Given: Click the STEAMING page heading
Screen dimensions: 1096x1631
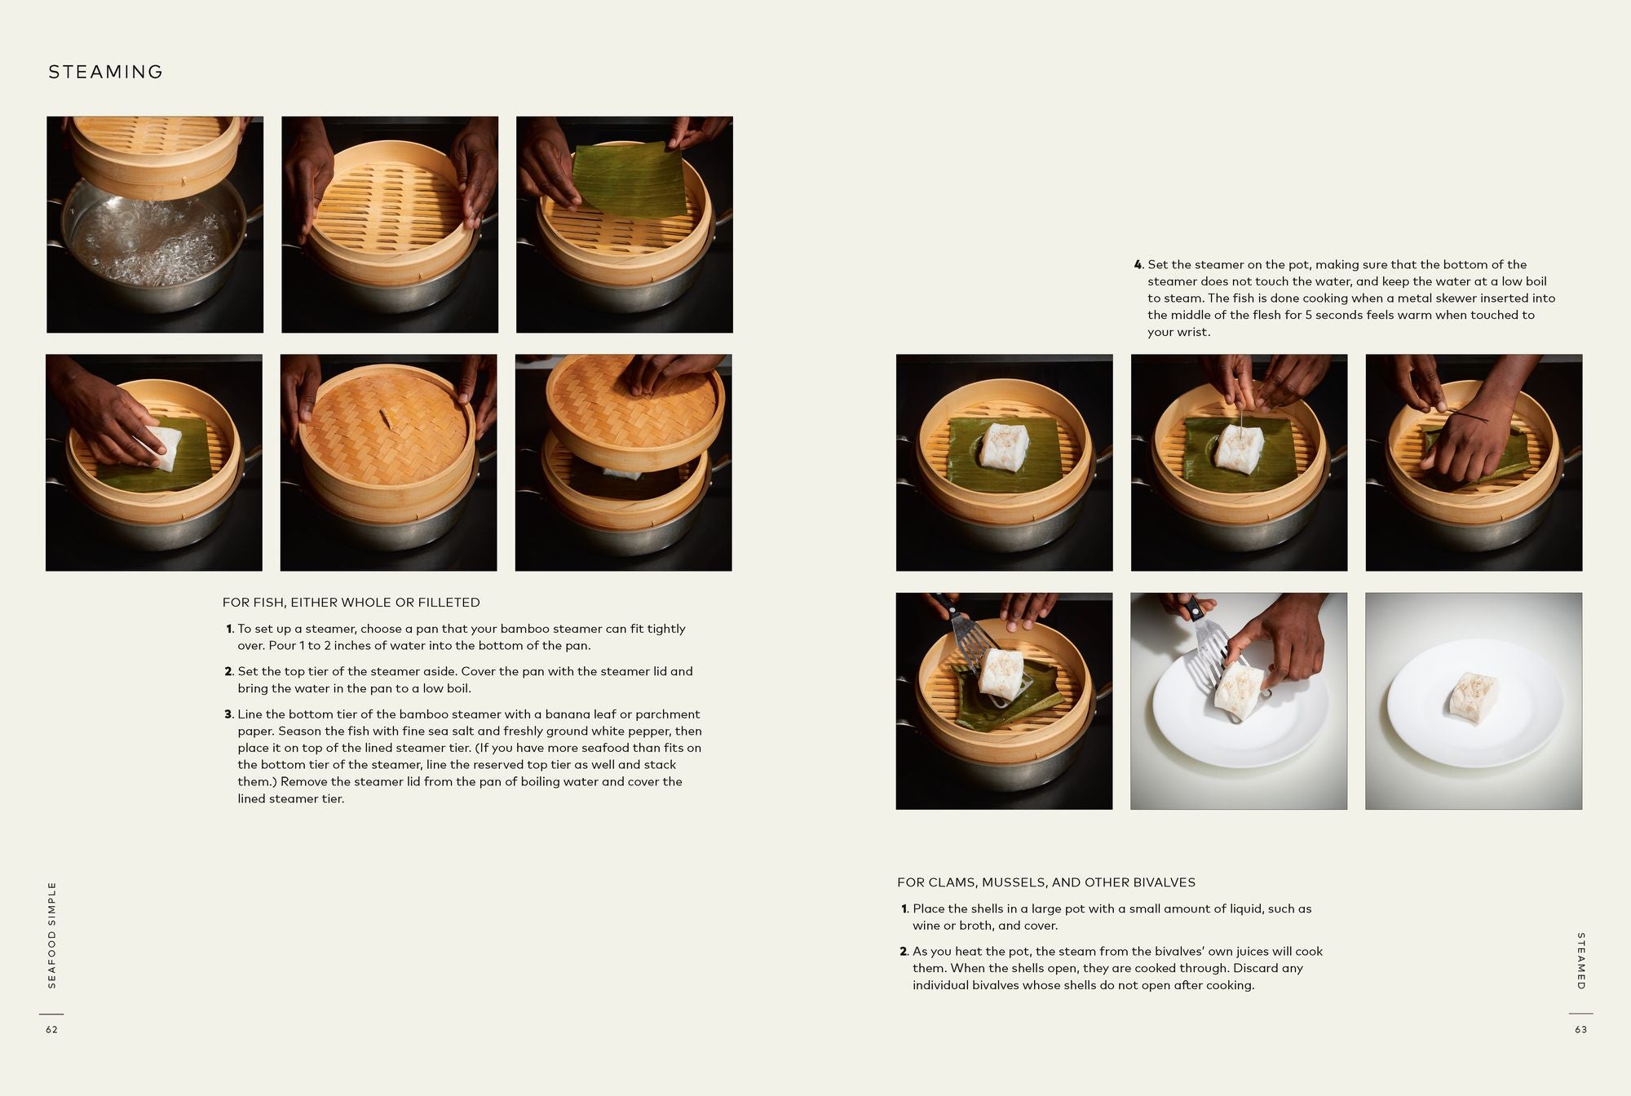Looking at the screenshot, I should (x=105, y=72).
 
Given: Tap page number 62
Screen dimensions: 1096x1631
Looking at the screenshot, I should (x=51, y=1030).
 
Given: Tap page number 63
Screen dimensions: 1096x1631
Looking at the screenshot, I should (x=1580, y=1030).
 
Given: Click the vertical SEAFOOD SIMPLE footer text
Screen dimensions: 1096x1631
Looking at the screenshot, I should (x=52, y=935).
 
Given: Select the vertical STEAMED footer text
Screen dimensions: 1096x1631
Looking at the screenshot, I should (x=1580, y=961).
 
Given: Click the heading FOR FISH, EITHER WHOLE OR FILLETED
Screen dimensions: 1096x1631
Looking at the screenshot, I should (x=351, y=603).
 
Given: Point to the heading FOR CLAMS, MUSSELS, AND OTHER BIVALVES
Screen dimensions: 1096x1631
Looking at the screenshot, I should (x=1045, y=882).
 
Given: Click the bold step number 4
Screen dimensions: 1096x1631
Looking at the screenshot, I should (x=1138, y=265).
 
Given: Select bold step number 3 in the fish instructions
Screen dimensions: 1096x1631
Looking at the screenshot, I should (x=228, y=714).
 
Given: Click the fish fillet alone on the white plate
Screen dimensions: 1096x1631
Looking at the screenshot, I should (x=1474, y=700).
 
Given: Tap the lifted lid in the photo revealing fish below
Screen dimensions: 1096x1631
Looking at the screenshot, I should (x=632, y=408).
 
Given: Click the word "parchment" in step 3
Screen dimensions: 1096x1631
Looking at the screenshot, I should (x=667, y=714).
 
